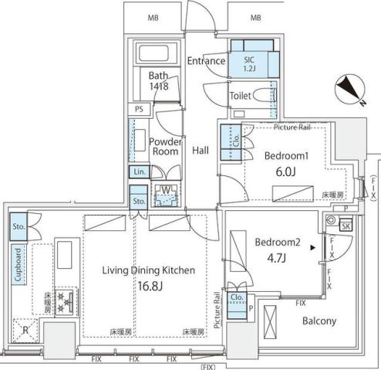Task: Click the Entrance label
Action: [206, 61]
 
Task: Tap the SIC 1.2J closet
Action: [250, 61]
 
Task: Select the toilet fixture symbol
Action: [262, 97]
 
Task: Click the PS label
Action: [139, 110]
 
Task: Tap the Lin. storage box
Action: [139, 172]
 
